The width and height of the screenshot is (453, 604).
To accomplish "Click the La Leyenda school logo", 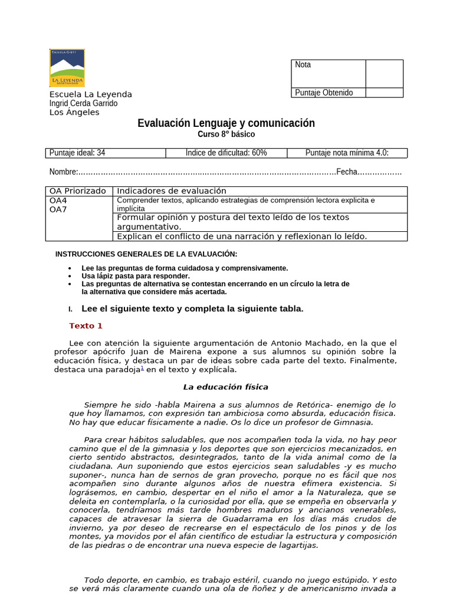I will click(x=67, y=68).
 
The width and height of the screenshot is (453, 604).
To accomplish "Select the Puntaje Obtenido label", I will click(x=324, y=93).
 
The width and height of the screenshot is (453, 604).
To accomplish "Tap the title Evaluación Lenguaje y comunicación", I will click(x=226, y=123).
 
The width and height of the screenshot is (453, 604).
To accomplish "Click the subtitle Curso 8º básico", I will click(x=226, y=134).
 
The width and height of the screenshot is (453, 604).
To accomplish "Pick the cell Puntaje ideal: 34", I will click(x=77, y=153).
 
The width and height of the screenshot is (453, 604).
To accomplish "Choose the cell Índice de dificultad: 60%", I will click(x=226, y=153).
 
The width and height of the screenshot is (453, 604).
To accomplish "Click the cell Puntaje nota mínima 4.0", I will click(x=347, y=153).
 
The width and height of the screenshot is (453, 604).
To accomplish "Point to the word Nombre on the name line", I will click(x=63, y=172).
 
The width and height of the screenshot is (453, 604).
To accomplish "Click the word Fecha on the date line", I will click(x=347, y=172).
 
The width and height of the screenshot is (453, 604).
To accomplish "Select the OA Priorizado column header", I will click(x=78, y=191).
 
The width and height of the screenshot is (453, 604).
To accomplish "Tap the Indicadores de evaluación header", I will click(x=172, y=191).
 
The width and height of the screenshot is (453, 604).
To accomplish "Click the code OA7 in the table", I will click(x=58, y=209).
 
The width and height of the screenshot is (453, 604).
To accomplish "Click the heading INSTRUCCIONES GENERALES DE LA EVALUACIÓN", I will click(x=146, y=254).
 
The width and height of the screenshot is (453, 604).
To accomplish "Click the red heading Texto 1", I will click(x=86, y=326).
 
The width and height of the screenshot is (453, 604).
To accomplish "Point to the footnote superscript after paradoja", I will click(x=142, y=367).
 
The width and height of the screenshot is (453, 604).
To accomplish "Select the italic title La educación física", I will click(x=226, y=387).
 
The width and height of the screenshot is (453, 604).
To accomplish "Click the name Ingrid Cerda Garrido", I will click(x=83, y=103).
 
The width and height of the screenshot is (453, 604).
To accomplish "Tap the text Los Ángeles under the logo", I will click(x=74, y=112).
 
